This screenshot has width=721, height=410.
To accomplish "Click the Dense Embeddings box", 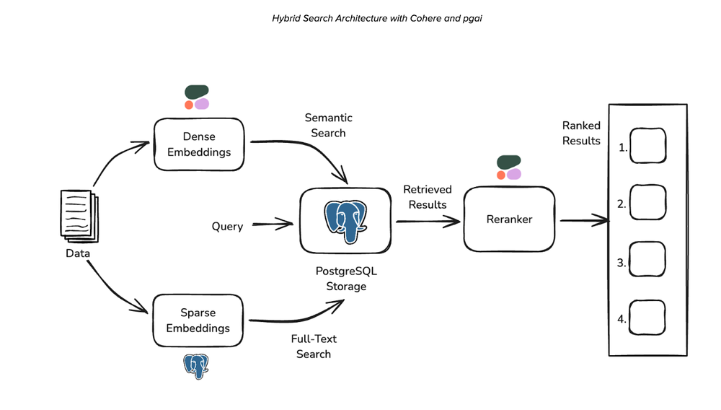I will pos(199,144).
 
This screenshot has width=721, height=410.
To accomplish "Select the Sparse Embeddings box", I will pos(198,320).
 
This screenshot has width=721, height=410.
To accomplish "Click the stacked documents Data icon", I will pos(77,215).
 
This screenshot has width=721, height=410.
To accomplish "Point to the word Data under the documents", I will pos(78,253).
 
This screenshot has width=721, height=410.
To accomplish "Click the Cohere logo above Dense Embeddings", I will pos(197,97).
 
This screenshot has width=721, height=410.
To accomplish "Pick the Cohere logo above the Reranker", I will pos(508,167).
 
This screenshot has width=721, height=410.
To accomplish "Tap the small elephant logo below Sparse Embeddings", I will pos(195,366).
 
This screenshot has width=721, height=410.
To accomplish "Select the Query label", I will pos(227,226).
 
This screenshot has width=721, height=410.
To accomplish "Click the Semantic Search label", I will pos(328,125).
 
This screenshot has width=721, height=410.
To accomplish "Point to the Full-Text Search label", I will pos(314,346).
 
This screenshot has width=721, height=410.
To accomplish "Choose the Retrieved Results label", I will pos(428,196).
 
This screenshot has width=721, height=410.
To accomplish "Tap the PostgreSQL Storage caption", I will pos(341,278).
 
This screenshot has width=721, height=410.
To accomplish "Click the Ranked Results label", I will pos(581,133).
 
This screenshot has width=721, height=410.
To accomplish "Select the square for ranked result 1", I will pos(647,146).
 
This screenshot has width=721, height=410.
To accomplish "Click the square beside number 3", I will pos(647,259).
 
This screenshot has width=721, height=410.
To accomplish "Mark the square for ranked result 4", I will pos(647,315).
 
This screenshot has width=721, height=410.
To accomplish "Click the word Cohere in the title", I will pos(426,17).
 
